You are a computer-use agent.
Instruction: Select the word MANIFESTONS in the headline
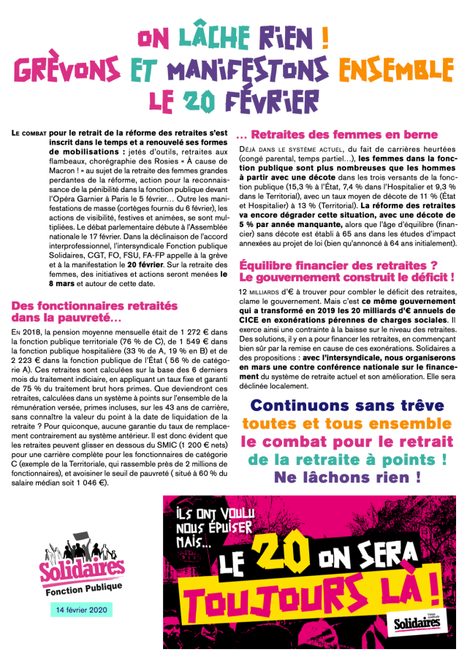pyautogui.click(x=244, y=69)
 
